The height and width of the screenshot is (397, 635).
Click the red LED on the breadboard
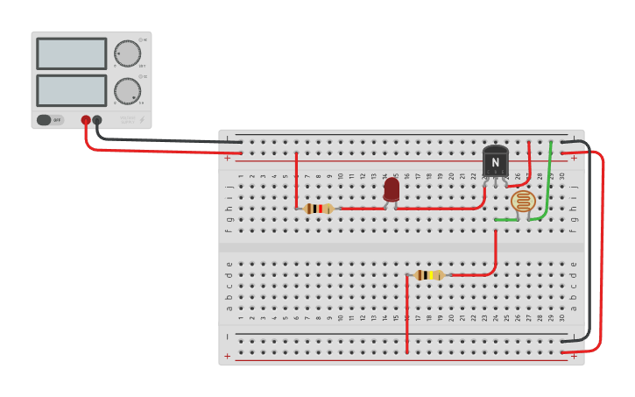[x=392, y=189]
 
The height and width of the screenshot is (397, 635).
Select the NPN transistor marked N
[x=495, y=161]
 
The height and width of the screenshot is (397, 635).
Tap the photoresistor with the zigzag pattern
[x=523, y=202]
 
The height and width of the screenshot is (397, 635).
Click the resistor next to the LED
[x=319, y=209]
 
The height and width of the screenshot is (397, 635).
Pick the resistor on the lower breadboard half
[x=428, y=275]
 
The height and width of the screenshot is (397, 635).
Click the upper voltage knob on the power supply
[x=127, y=53]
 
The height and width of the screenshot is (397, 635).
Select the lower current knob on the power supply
[x=127, y=90]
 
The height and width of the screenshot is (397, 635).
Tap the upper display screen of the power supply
[x=72, y=53]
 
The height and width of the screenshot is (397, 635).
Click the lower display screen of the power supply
[x=72, y=90]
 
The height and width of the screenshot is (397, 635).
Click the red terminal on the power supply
[x=86, y=120]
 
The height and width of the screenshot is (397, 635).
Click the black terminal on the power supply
[x=97, y=120]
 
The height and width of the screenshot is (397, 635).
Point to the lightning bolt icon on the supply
[x=142, y=120]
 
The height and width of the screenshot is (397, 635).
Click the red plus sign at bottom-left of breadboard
[x=228, y=356]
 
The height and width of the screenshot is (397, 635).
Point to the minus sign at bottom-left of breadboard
[x=228, y=337]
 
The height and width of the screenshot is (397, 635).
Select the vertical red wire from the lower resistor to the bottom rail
[x=407, y=315]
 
